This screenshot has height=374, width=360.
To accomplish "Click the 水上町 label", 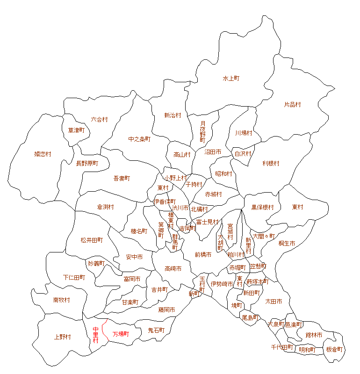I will [231, 79].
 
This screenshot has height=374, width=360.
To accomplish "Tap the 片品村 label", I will [293, 105].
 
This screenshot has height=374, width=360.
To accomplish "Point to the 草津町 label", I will [76, 130].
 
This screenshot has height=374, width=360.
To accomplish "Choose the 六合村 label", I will [99, 120].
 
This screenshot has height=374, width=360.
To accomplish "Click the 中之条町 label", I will [139, 139].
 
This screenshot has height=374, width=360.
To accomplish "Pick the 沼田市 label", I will [213, 152].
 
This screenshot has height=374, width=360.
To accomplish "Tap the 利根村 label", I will [271, 164].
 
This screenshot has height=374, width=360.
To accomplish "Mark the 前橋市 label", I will [203, 255].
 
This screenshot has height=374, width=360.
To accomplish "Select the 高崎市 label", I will [173, 269].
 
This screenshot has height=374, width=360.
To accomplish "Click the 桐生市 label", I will [287, 244].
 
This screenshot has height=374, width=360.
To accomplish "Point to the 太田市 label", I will [274, 302].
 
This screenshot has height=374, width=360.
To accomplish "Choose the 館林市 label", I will [314, 335].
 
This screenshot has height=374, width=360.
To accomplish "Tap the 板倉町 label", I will [334, 350].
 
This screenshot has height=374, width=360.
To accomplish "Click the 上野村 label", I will [62, 337].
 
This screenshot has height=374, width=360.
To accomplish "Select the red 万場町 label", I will [121, 334].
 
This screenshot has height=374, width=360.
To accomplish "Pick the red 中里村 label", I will [95, 335].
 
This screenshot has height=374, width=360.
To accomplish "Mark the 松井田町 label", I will [91, 240].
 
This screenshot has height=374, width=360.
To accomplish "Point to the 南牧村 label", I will [62, 300].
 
